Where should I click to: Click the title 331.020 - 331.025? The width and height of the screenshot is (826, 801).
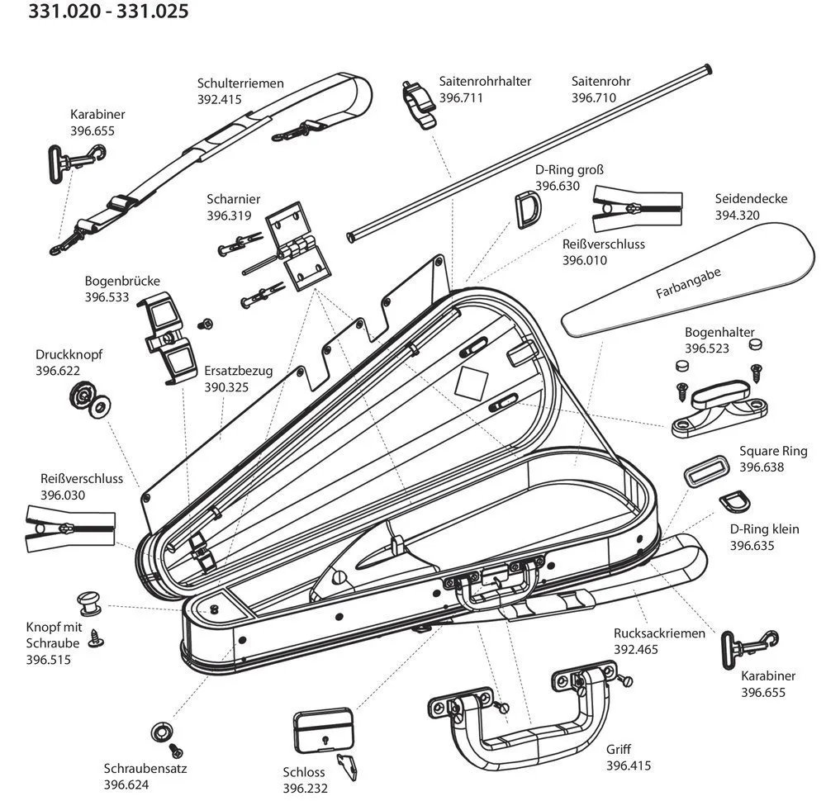point(108,12)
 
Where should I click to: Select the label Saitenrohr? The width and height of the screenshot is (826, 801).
point(601,82)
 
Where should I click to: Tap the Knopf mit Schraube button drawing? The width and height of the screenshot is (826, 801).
point(89,604)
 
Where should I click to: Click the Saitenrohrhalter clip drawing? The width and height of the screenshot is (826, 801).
point(420,104)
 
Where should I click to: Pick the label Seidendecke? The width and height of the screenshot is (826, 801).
point(751,199)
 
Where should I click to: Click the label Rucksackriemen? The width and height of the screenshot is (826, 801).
point(659,633)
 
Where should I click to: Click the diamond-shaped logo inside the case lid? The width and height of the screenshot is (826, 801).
point(473,382)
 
